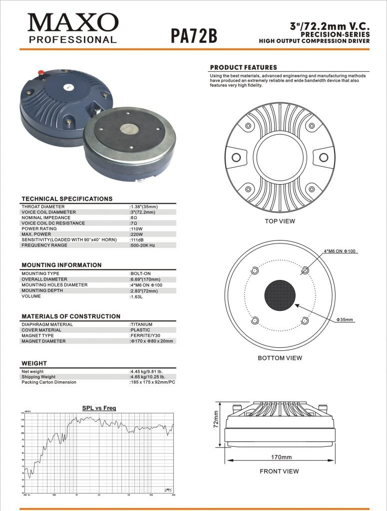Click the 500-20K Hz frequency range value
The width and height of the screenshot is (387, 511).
click(143, 246)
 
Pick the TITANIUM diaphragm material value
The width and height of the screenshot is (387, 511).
click(141, 324)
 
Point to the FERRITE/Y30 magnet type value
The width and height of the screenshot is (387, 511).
click(145, 336)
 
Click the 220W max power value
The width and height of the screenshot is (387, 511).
click(136, 235)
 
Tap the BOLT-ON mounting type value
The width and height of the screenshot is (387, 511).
click(140, 274)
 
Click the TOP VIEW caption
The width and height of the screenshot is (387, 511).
click(280, 221)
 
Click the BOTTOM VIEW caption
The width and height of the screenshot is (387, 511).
click(280, 358)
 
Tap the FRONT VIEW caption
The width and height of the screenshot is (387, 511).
click(279, 471)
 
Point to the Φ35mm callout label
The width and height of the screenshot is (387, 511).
click(345, 319)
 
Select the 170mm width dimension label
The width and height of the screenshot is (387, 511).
click(281, 457)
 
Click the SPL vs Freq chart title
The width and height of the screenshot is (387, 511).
click(99, 408)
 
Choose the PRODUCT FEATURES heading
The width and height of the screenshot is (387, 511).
click(243, 67)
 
